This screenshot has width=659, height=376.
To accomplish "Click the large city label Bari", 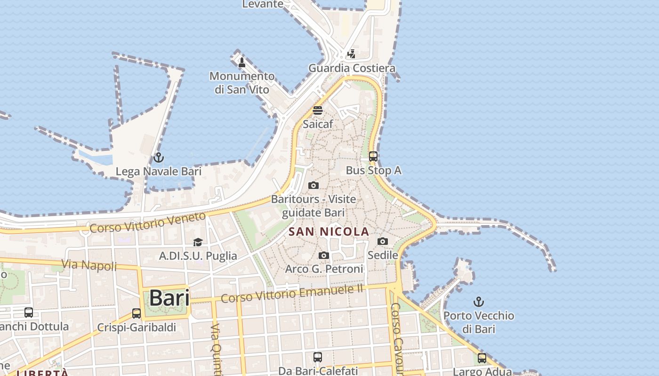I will [x=169, y=298].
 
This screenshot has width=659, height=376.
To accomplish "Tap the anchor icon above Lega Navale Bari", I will [x=158, y=157].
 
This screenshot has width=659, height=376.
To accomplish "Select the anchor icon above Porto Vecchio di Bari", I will [x=479, y=301].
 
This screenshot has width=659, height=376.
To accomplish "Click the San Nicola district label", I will [x=329, y=232].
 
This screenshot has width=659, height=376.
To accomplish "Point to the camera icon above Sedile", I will [x=383, y=242].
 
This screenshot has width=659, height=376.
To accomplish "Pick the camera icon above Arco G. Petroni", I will [x=324, y=256].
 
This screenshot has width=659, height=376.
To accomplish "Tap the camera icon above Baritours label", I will [x=313, y=186].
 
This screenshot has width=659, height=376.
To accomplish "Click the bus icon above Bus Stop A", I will [x=373, y=157].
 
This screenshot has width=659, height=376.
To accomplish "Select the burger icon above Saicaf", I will [x=318, y=111].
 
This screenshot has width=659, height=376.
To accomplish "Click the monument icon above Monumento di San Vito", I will [x=242, y=62].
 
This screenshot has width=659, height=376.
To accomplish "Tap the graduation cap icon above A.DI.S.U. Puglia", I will [x=198, y=243].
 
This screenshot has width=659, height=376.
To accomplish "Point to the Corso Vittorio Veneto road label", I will [x=148, y=222].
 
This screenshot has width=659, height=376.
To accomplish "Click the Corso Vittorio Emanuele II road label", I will [x=292, y=294].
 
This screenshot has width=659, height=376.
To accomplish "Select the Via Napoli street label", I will [x=89, y=265].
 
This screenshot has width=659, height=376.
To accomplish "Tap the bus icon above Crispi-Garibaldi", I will [x=137, y=313].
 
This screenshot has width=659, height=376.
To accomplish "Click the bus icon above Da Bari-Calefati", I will [x=318, y=357].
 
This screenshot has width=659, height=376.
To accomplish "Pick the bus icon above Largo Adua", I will [x=482, y=358].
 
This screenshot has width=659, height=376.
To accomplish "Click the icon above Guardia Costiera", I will [x=351, y=55].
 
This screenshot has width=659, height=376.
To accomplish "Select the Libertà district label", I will [x=42, y=373].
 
